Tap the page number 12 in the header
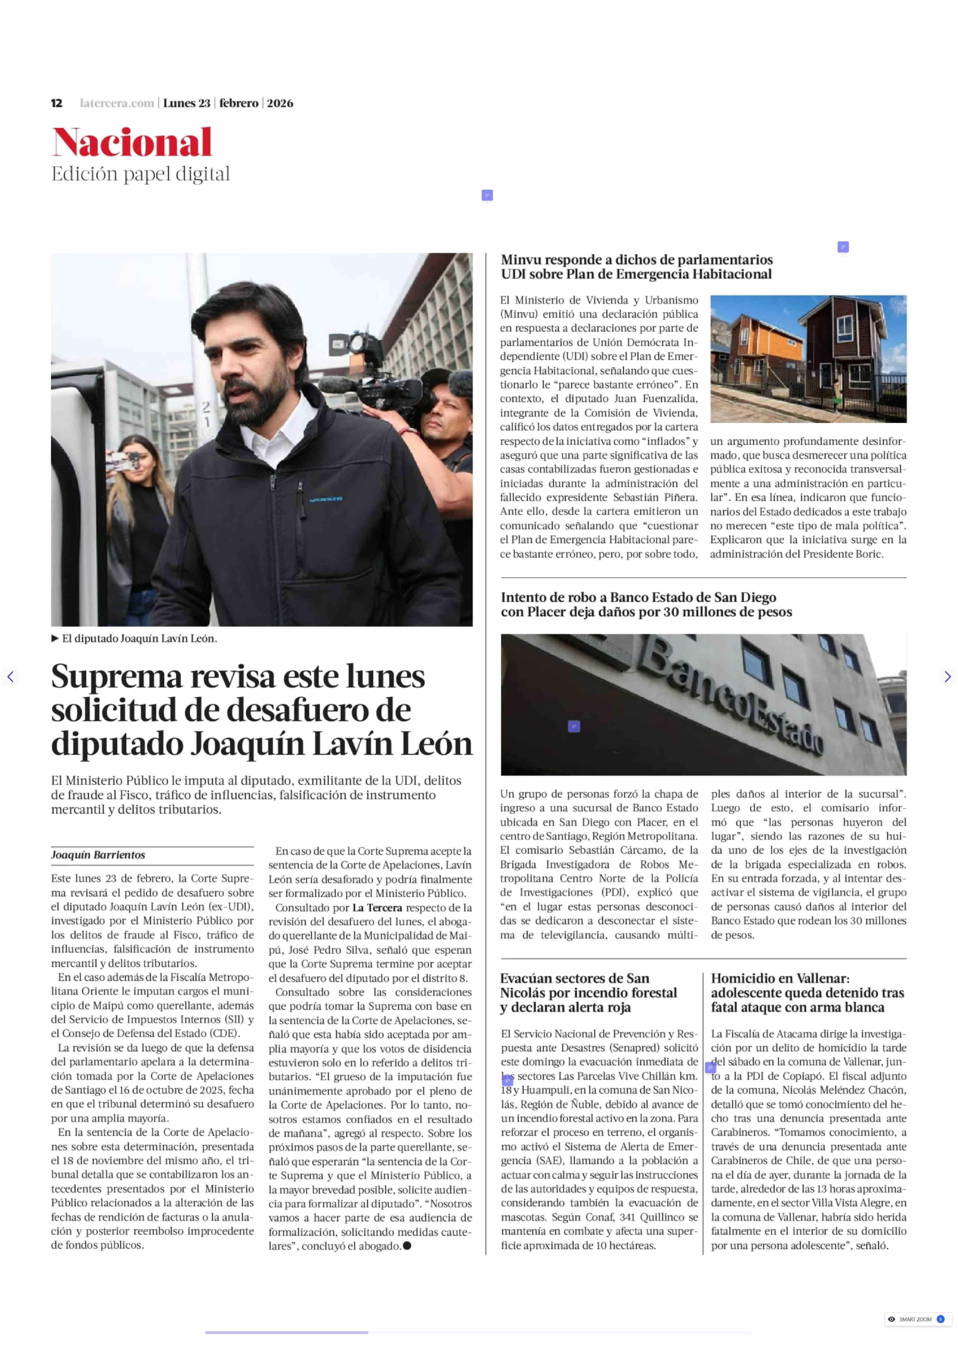pos(57,103)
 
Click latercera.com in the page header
pos(117,103)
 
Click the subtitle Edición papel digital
pos(140,174)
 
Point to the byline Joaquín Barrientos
pos(98,855)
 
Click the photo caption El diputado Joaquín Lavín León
pos(139,639)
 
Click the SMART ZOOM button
pos(917,1319)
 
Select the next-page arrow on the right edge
pos(947,677)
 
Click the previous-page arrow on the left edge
pos(10,677)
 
